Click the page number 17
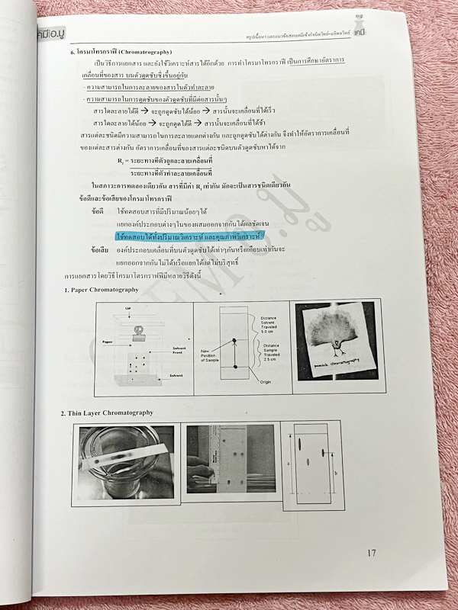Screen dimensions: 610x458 371,553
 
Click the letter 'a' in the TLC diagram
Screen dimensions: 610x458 288,462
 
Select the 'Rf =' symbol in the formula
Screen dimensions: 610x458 122,161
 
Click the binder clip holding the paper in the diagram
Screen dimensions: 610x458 140,331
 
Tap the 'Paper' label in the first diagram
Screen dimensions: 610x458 108,342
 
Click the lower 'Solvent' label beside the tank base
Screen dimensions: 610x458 175,374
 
